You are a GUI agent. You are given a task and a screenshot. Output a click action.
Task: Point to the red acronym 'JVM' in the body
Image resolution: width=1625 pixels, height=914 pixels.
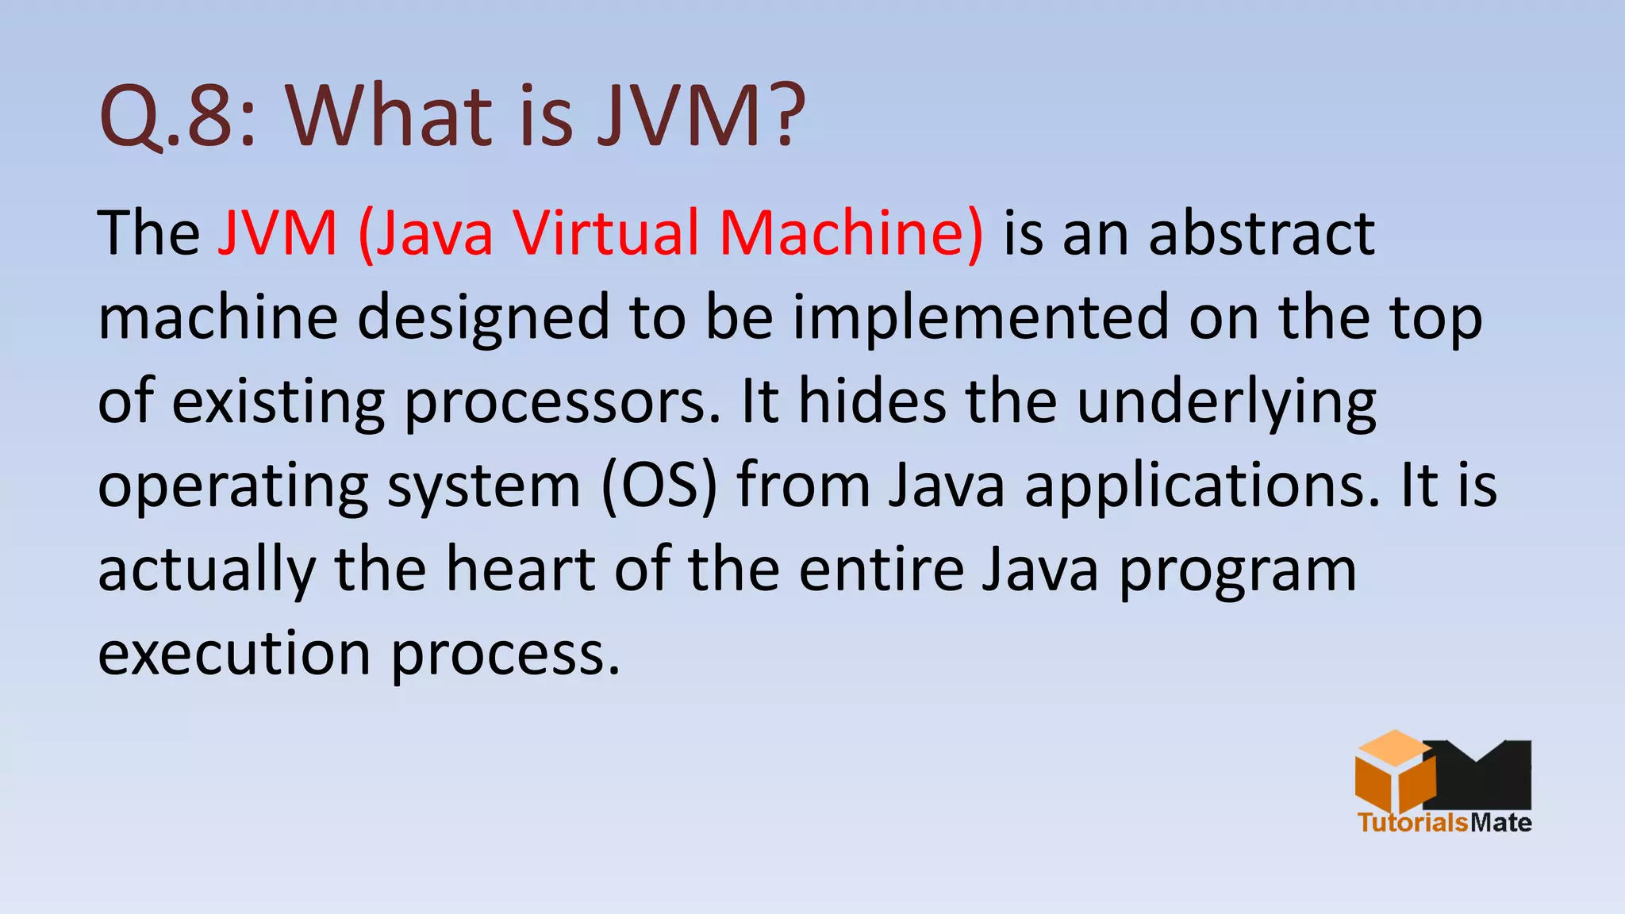[278, 233]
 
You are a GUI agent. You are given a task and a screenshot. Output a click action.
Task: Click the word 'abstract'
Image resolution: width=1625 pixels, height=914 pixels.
[1262, 233]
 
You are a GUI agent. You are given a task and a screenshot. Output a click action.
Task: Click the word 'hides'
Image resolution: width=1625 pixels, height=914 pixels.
[872, 401]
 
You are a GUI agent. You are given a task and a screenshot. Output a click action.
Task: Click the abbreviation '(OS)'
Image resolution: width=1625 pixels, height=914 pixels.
[659, 486]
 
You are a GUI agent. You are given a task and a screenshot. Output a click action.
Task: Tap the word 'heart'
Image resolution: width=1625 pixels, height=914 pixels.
[521, 570]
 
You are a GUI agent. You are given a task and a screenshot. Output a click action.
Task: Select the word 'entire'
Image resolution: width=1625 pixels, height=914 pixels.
[881, 570]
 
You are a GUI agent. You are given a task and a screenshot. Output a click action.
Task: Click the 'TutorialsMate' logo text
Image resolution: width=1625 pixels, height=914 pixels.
[1444, 822]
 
